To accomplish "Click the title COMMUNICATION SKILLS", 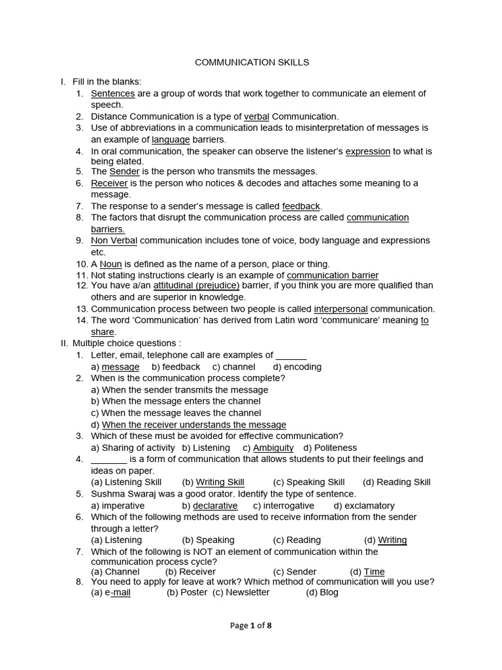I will click(x=252, y=62).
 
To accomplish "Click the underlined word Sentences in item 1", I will click(x=112, y=94).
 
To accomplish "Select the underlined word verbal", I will click(x=256, y=116).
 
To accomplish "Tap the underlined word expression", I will click(x=367, y=151).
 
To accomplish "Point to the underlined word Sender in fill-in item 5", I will click(x=124, y=171).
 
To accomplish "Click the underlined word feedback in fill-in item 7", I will click(x=301, y=206).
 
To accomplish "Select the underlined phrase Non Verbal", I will click(x=114, y=240).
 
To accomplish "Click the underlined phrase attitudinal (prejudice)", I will click(x=196, y=286).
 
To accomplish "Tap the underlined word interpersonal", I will click(x=341, y=309).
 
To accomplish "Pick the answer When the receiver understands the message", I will click(x=193, y=425).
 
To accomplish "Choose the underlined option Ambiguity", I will click(x=273, y=448).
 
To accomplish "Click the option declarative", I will click(x=215, y=506).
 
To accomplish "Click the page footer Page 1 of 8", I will click(x=251, y=626).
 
